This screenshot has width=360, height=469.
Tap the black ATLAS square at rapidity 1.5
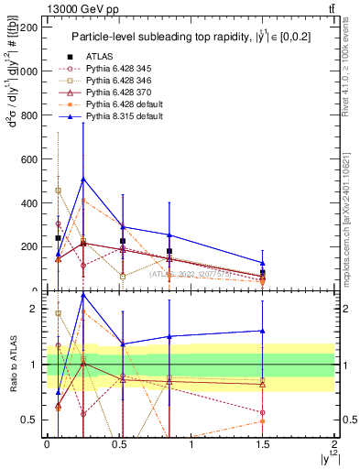(x=263, y=273)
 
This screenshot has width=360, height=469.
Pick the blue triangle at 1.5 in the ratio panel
(x=263, y=331)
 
